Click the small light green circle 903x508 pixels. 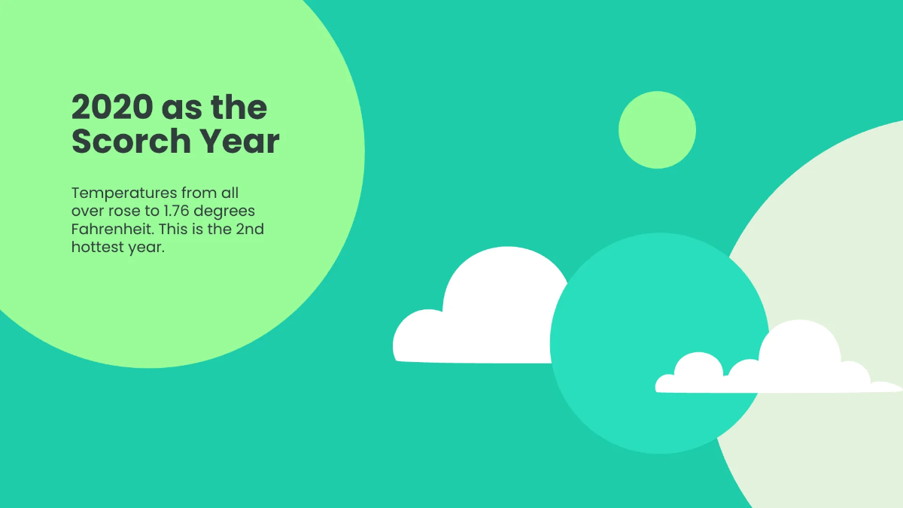(x=657, y=129)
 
